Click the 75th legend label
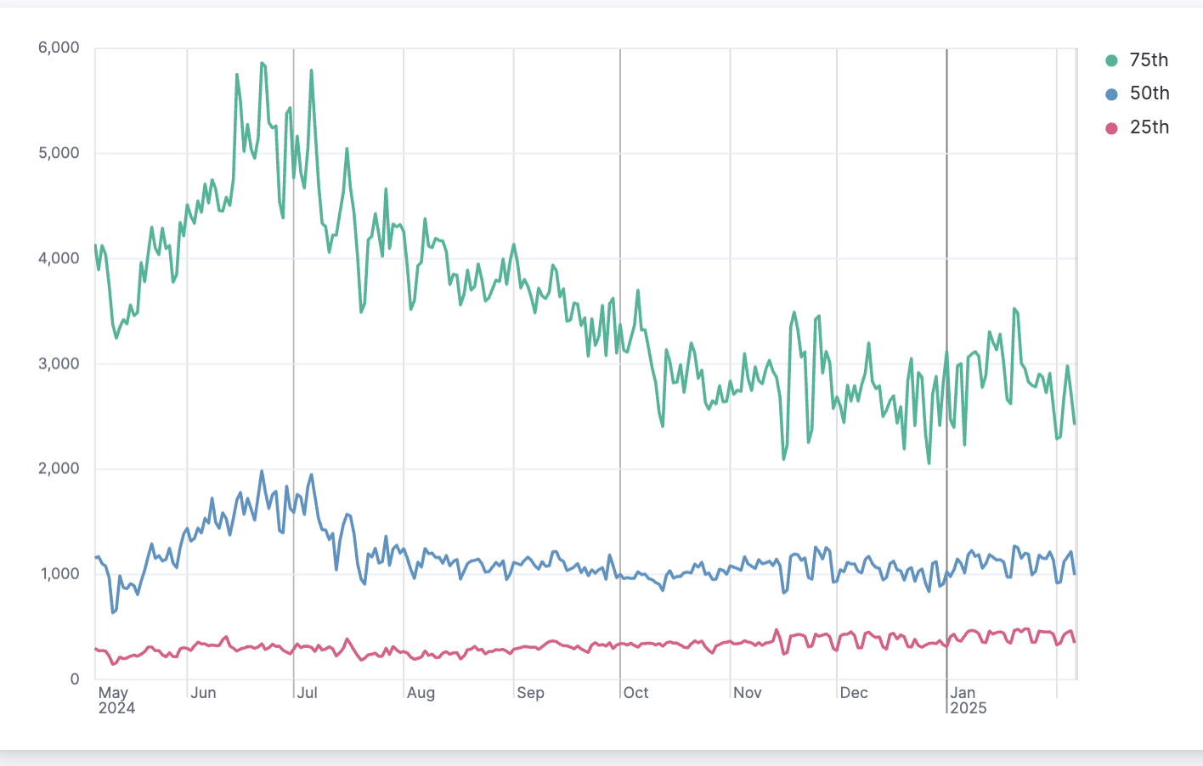tap(1149, 60)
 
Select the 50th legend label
tap(1149, 93)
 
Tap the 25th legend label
tap(1149, 127)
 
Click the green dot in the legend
tap(1111, 60)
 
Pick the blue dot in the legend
tap(1111, 94)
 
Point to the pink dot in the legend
tap(1111, 128)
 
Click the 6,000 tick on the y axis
tap(59, 48)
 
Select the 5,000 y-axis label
tap(59, 154)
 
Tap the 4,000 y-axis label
tap(59, 259)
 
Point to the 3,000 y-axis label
tap(59, 364)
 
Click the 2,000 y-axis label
tap(59, 469)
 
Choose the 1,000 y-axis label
tap(59, 574)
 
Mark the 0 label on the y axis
tap(75, 679)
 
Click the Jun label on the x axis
tap(203, 693)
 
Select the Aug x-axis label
tap(421, 693)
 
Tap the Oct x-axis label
tap(635, 693)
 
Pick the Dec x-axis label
tap(854, 693)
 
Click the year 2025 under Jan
tap(969, 708)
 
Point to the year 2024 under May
tap(116, 708)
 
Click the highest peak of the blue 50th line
tap(262, 471)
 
